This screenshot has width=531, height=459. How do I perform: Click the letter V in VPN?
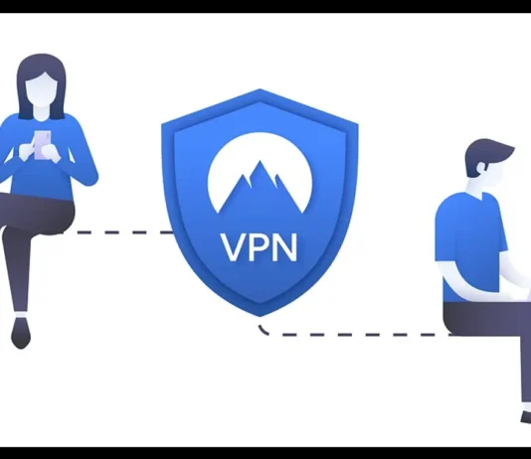coord(235,247)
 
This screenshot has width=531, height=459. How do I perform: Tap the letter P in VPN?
coord(261,247)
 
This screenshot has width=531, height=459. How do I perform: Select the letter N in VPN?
coord(285,247)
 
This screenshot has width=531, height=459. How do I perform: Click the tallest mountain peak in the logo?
coord(261,162)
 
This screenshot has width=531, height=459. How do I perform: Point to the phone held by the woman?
coord(43,145)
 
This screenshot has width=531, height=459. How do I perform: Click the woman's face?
coord(42,89)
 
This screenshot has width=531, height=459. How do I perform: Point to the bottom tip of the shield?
coord(260,317)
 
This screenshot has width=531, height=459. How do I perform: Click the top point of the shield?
coord(260,89)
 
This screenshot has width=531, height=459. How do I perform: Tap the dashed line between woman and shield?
coord(116,232)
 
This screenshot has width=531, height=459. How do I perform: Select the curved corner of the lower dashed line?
coord(263,331)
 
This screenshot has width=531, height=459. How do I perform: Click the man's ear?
coord(482,167)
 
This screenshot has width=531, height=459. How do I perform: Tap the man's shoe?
coord(526,417)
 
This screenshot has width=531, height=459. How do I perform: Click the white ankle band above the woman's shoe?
coord(21,315)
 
